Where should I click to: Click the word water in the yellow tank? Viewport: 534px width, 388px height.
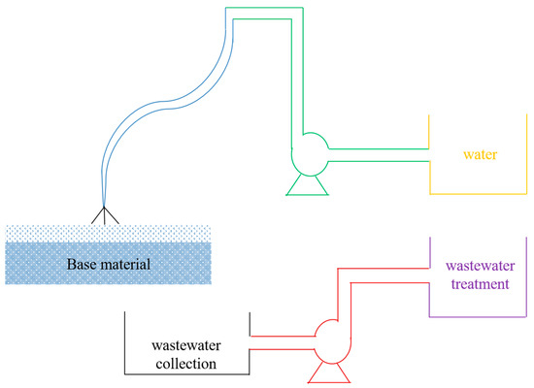[481, 155]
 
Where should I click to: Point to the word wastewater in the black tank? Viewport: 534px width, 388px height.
[184, 344]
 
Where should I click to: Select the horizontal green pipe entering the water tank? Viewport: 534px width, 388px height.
[379, 154]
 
